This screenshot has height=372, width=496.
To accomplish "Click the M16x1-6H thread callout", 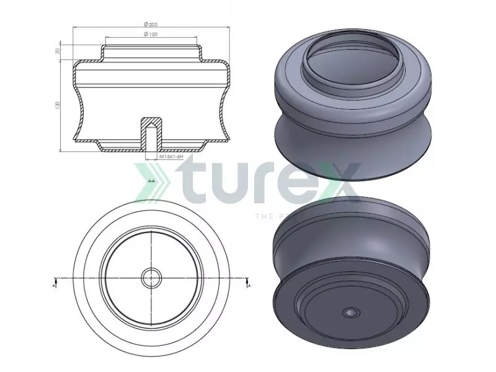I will click(172, 157).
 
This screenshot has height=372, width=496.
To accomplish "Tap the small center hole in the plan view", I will click(151, 278).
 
